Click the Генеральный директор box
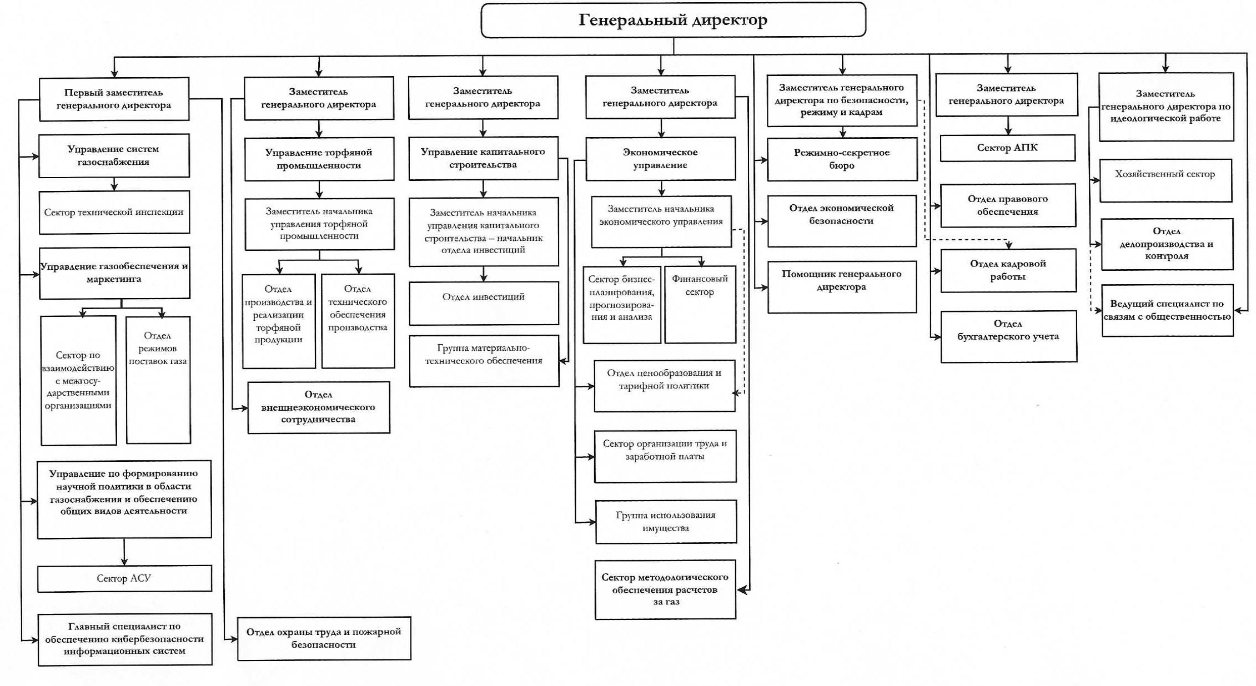point(673,20)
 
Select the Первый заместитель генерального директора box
point(114,99)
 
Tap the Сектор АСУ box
point(124,578)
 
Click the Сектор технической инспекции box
point(114,212)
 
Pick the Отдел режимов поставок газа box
point(158,380)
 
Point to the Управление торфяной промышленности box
point(319,159)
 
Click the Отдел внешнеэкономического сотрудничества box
point(319,407)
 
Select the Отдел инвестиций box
point(484,303)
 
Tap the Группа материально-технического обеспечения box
point(484,360)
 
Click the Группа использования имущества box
point(666,521)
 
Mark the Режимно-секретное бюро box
point(842,159)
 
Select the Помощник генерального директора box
point(842,286)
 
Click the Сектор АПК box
point(1007,148)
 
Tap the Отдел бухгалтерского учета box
point(1008,336)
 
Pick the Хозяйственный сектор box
point(1165,180)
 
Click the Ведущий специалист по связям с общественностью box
point(1167,310)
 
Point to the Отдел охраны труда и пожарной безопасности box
point(324,638)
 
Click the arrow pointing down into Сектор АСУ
point(124,552)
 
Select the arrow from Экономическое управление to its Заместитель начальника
point(661,188)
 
